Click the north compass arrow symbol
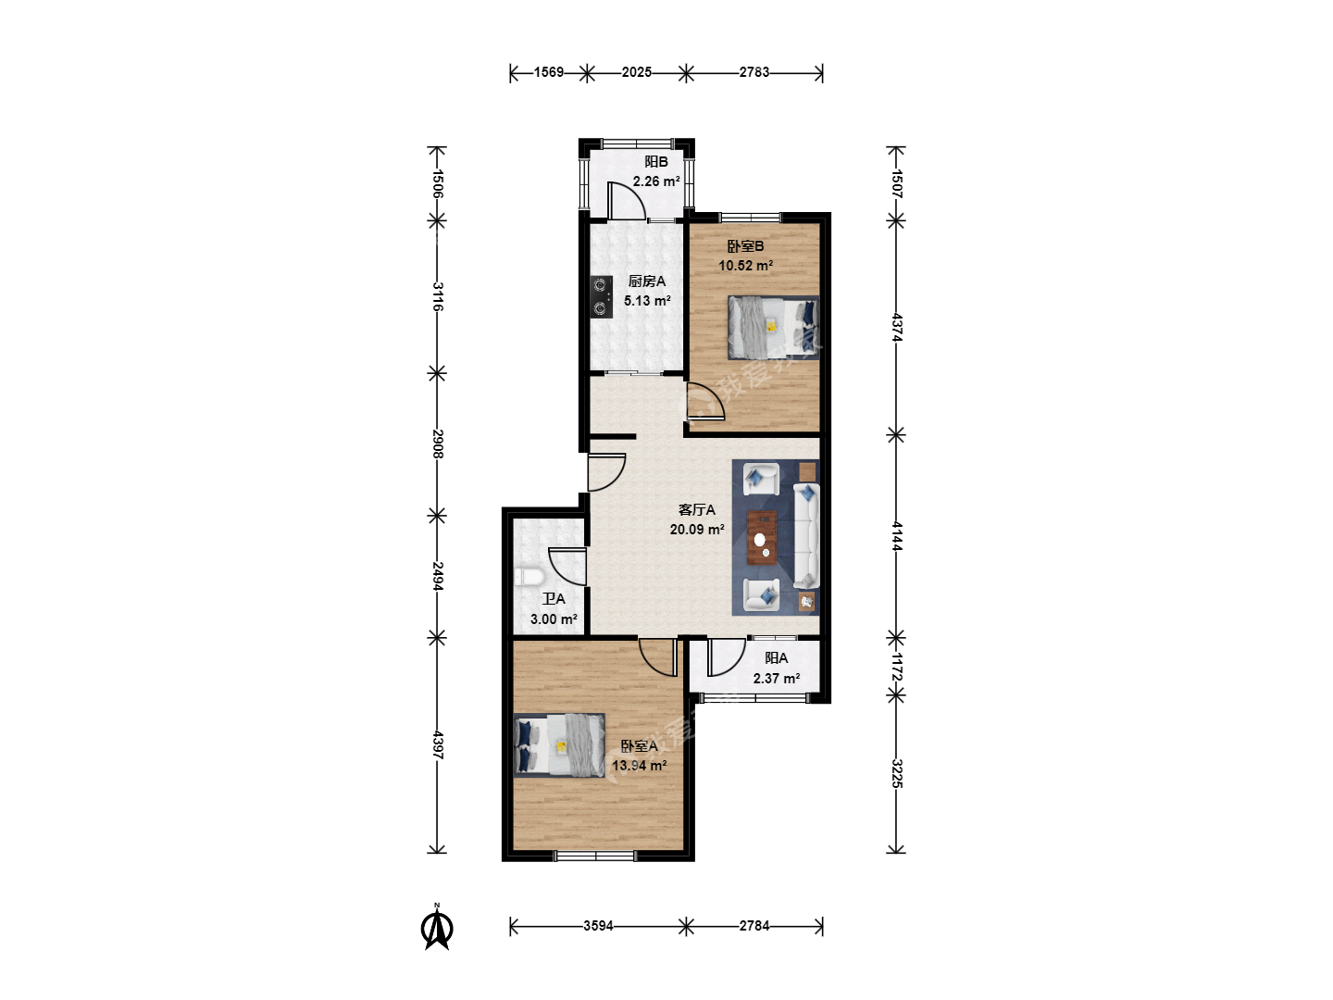pyautogui.click(x=437, y=927)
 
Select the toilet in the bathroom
pyautogui.click(x=528, y=577)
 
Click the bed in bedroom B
pyautogui.click(x=773, y=327)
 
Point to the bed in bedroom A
pyautogui.click(x=559, y=745)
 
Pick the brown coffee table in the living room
pyautogui.click(x=762, y=537)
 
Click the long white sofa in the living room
pyautogui.click(x=806, y=535)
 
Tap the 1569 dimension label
pyautogui.click(x=549, y=72)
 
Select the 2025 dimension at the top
pyautogui.click(x=637, y=72)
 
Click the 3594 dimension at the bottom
pyautogui.click(x=598, y=926)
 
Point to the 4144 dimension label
pyautogui.click(x=897, y=536)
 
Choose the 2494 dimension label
pyautogui.click(x=438, y=576)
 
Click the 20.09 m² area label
pyautogui.click(x=696, y=530)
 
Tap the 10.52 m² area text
pyautogui.click(x=746, y=266)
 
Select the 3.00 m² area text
pyautogui.click(x=554, y=619)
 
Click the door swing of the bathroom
pyautogui.click(x=567, y=567)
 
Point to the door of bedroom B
pyautogui.click(x=705, y=401)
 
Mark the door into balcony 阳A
pyautogui.click(x=727, y=657)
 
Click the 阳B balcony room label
pyautogui.click(x=656, y=161)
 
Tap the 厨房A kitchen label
pyautogui.click(x=647, y=281)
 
